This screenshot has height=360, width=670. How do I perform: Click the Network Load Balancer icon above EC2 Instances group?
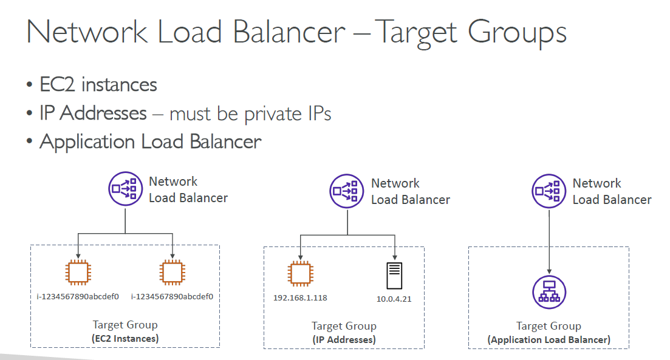pyautogui.click(x=125, y=189)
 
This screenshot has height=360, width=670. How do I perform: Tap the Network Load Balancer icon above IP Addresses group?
pyautogui.click(x=346, y=191)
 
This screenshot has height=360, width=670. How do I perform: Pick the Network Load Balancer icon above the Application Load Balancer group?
pyautogui.click(x=549, y=191)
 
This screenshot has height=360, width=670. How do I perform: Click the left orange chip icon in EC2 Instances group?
pyautogui.click(x=78, y=272)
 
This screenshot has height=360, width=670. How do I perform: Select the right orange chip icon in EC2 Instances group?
pyautogui.click(x=172, y=272)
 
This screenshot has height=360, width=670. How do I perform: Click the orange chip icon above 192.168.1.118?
pyautogui.click(x=301, y=274)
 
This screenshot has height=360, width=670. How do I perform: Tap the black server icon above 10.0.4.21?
pyautogui.click(x=394, y=276)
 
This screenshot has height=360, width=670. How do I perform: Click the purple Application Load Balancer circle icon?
pyautogui.click(x=549, y=292)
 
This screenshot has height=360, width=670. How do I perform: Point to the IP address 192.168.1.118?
pyautogui.click(x=300, y=297)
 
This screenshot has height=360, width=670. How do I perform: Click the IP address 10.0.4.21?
pyautogui.click(x=394, y=299)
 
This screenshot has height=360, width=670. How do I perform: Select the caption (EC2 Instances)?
pyautogui.click(x=125, y=339)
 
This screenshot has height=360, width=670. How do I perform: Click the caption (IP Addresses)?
pyautogui.click(x=344, y=340)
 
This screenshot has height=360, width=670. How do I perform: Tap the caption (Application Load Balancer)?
pyautogui.click(x=549, y=340)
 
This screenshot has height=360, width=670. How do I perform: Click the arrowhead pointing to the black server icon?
pyautogui.click(x=395, y=257)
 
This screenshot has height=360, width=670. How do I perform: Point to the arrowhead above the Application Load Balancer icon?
pyautogui.click(x=549, y=271)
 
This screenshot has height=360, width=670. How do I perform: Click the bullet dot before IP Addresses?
pyautogui.click(x=29, y=114)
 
